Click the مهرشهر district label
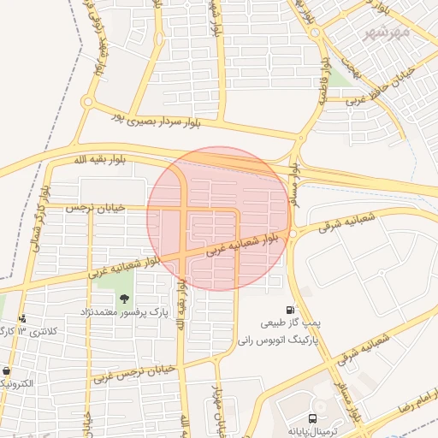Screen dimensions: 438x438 388,32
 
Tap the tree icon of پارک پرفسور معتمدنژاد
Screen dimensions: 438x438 125,299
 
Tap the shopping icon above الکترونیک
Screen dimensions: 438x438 8,372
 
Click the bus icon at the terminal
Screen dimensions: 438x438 312,418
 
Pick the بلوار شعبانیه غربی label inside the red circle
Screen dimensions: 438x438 242,246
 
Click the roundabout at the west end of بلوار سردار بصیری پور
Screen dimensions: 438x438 86,102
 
